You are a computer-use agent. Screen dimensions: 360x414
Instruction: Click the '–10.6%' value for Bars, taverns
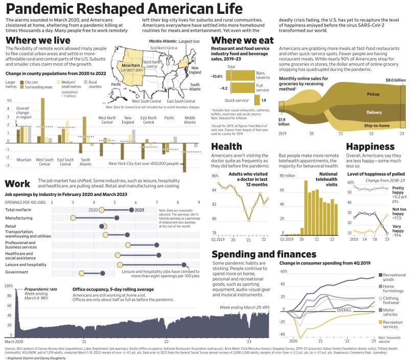tap(217, 76)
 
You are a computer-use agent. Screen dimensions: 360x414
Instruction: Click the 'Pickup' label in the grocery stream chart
tap(374, 94)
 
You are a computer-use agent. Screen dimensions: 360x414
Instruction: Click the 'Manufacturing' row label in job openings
tap(20, 218)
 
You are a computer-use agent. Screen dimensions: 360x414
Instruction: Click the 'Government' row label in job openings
tap(17, 272)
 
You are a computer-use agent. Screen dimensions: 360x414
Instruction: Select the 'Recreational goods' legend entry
tap(395, 277)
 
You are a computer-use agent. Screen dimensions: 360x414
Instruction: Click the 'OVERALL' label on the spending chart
tap(344, 309)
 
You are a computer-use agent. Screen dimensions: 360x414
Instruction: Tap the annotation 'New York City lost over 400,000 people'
tap(143, 163)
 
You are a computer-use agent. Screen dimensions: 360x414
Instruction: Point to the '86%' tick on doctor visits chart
tap(215, 176)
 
